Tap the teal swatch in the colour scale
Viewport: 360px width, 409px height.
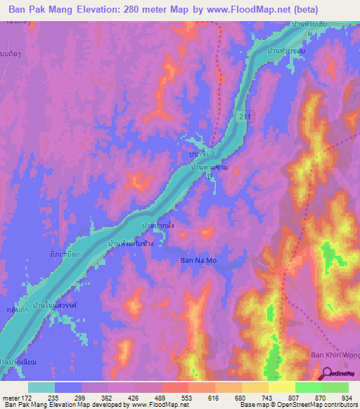click(41, 387)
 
